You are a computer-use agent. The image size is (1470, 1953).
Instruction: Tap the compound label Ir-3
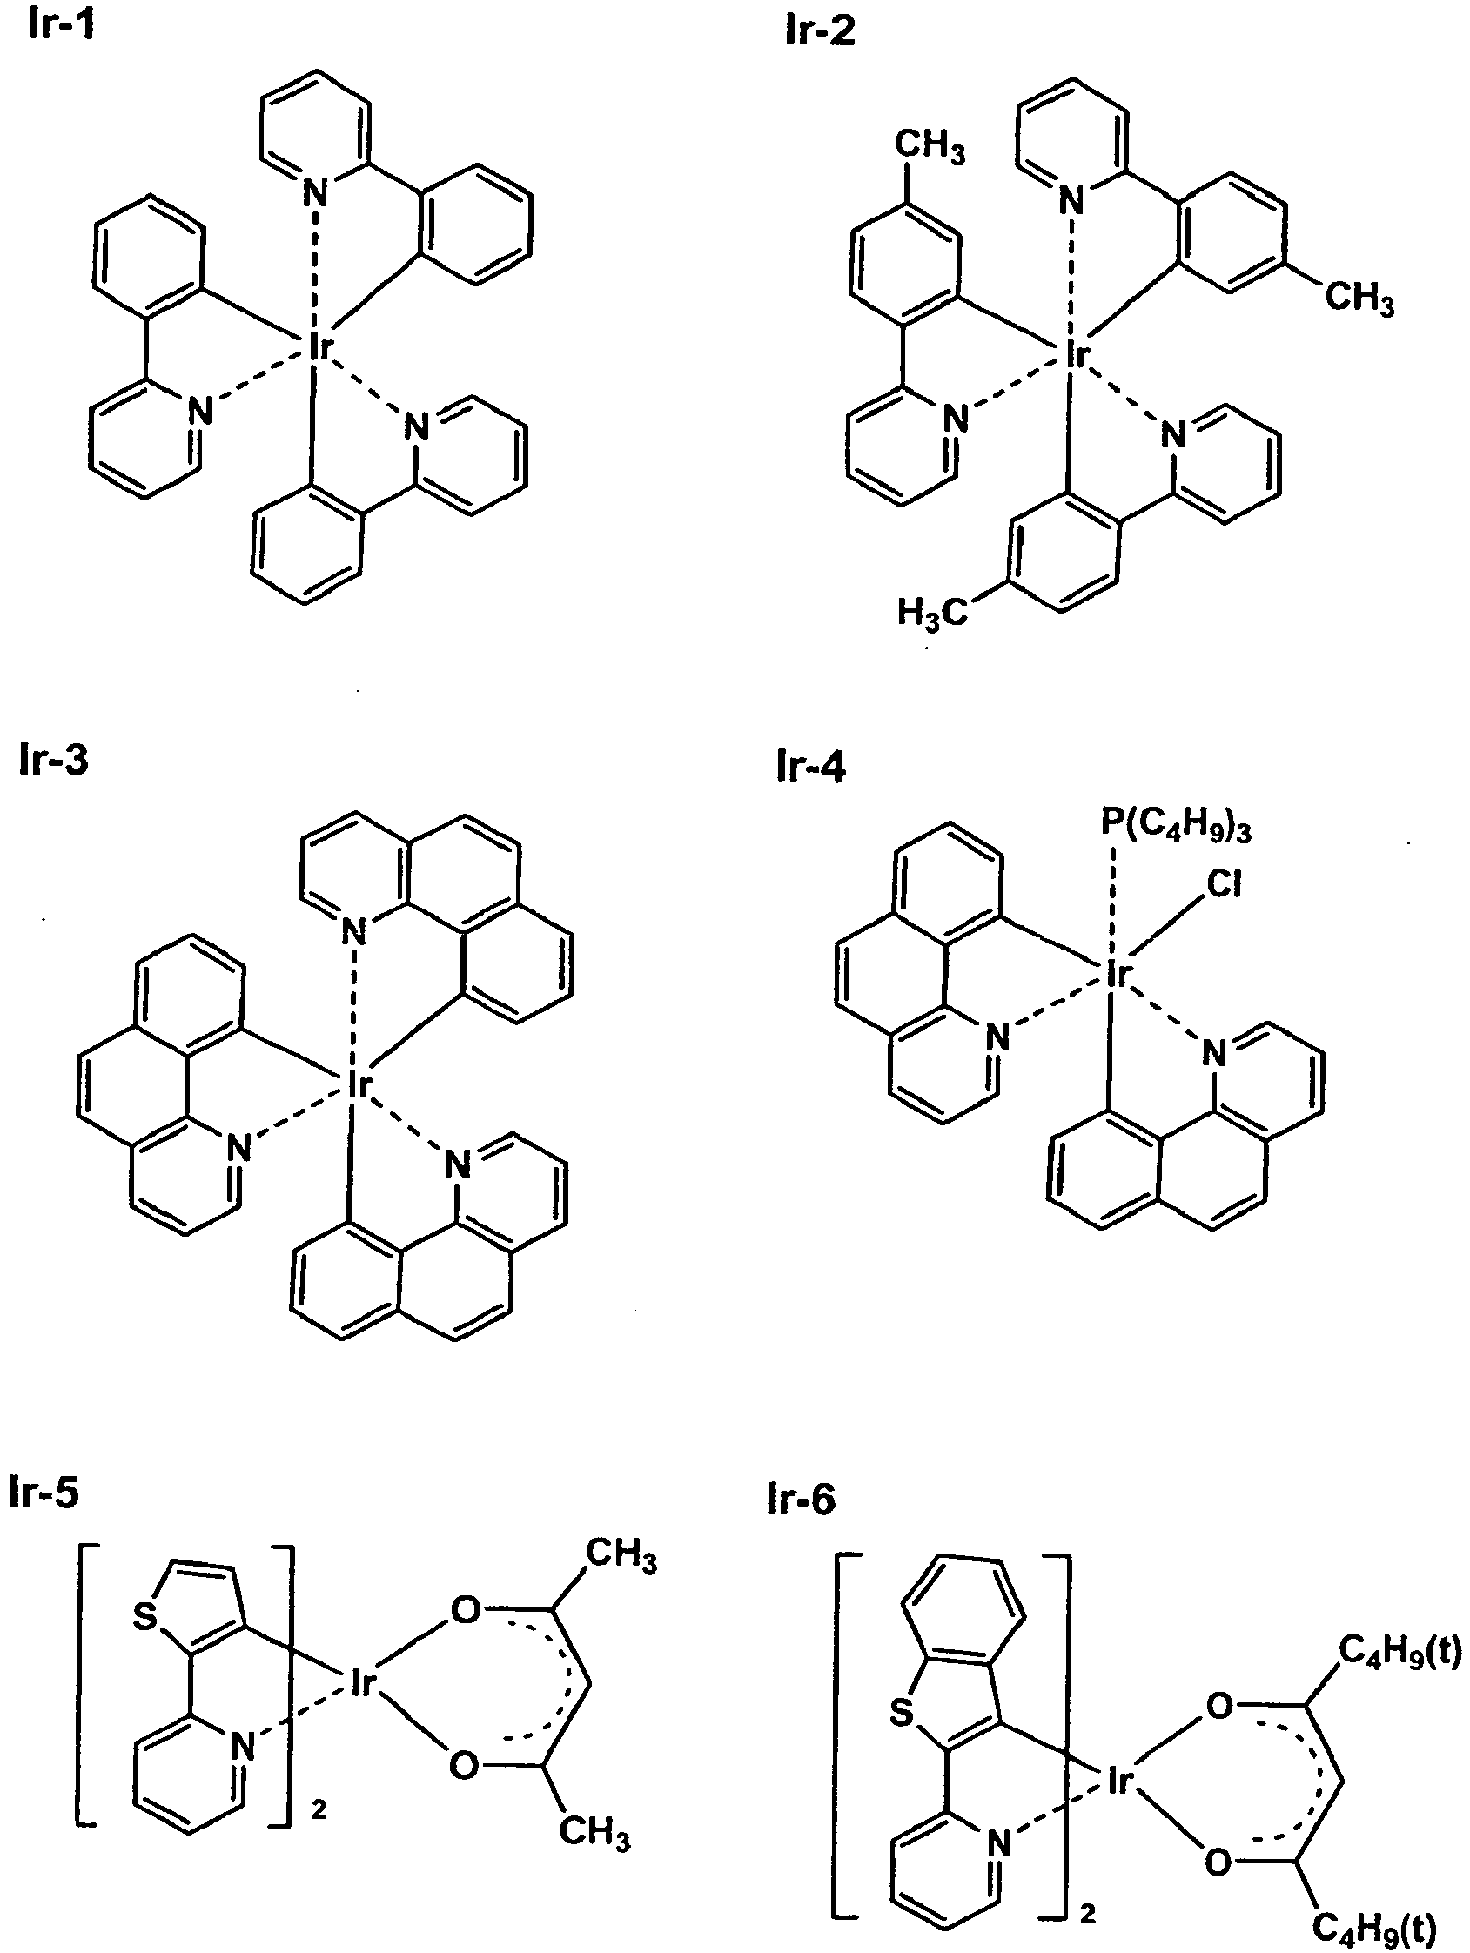(x=54, y=760)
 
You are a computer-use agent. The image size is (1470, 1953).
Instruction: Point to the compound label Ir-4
(x=811, y=768)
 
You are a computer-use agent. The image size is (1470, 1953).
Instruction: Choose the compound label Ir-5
(x=44, y=1491)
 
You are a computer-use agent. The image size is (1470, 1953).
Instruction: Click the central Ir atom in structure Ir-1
(x=319, y=347)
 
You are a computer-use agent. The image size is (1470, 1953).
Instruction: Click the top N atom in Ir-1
(x=314, y=191)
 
